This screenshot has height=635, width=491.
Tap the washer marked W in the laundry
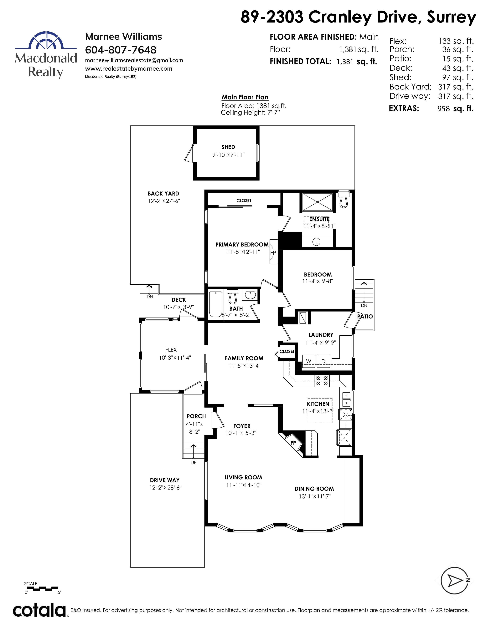click(x=309, y=361)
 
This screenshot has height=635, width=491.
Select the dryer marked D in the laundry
click(x=323, y=361)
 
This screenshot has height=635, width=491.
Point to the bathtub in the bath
click(x=215, y=304)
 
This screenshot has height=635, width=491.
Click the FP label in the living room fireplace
click(x=293, y=443)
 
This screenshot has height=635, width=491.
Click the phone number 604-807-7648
click(x=121, y=50)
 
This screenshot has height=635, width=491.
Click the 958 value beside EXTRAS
click(x=444, y=109)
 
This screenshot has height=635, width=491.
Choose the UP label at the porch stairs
click(x=194, y=462)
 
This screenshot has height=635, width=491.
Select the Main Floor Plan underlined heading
click(x=245, y=97)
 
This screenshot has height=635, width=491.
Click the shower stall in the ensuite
click(x=317, y=202)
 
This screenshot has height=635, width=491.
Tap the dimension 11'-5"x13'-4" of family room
click(x=244, y=366)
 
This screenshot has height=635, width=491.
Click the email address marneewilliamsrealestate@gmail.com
click(x=134, y=60)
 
